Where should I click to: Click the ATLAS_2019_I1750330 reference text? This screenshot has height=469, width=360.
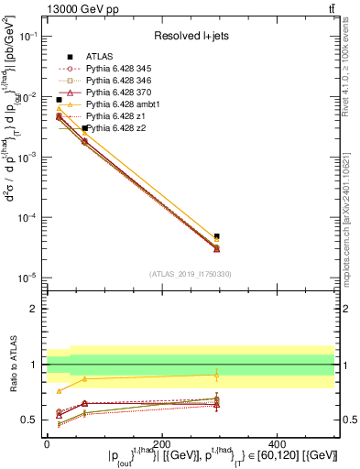pyautogui.click(x=191, y=274)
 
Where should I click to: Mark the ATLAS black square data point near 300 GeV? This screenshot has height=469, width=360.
pyautogui.click(x=217, y=236)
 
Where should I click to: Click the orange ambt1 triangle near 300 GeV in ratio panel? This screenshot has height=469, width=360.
pyautogui.click(x=217, y=374)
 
